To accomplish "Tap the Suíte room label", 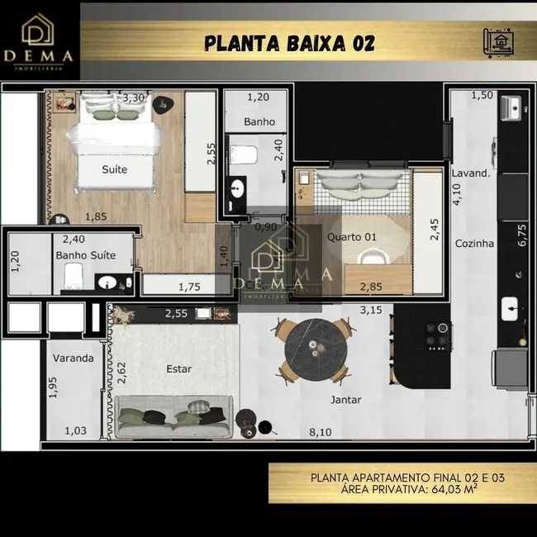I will [114, 169].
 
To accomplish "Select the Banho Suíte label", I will [86, 255].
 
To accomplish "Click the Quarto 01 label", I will [351, 237].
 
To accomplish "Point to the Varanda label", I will [73, 359].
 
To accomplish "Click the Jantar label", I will [345, 400].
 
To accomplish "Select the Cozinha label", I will [474, 244].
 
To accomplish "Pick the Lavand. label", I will [471, 174].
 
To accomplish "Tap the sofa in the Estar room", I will [173, 417].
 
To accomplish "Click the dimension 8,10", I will [321, 432].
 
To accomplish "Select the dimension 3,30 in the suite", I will [134, 98].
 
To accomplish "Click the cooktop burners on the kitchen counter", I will [437, 334].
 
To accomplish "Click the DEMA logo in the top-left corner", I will [40, 40].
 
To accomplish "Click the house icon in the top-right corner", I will [500, 40].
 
